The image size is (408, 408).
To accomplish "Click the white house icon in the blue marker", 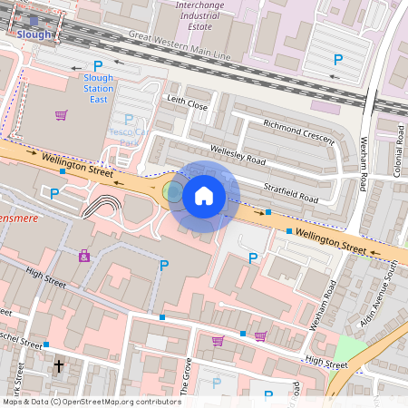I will tap(204, 195).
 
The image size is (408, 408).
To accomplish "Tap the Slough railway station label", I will tap(34, 34).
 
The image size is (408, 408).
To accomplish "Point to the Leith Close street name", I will tap(186, 104).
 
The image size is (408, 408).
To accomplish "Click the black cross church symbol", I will tap(59, 366).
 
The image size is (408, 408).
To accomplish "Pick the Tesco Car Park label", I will tap(130, 136).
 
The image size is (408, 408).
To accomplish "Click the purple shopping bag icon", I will tap(84, 257).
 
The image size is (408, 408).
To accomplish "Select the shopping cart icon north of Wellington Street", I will tap(61, 115).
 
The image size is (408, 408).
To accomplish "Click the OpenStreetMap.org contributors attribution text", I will tap(118, 401).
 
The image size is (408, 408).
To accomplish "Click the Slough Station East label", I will tap(98, 88).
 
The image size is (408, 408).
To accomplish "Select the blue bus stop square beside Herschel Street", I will tap(45, 345).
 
